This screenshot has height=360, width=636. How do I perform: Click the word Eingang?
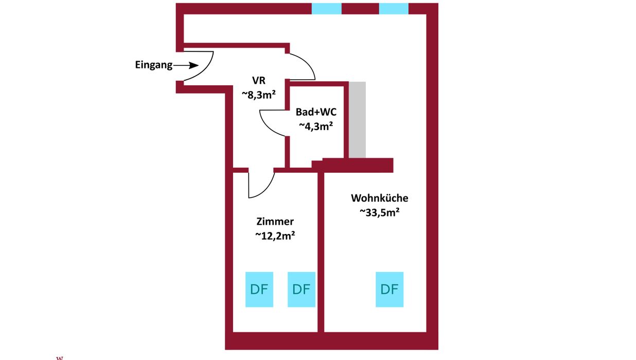(153, 65)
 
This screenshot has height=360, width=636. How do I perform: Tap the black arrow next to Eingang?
(187, 65)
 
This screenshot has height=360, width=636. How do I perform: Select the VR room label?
(258, 80)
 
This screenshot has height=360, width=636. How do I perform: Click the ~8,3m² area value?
(259, 94)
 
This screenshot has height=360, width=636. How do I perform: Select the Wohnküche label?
(380, 198)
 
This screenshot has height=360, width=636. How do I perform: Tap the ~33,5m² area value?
(380, 212)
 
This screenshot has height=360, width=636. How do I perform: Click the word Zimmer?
(275, 222)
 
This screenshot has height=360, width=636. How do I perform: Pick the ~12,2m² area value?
(275, 236)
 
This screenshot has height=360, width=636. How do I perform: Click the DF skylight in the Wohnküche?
(390, 289)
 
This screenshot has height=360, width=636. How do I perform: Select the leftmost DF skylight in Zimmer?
(259, 289)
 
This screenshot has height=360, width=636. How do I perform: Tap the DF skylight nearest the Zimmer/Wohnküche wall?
(301, 289)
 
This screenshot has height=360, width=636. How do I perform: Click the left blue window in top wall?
(327, 9)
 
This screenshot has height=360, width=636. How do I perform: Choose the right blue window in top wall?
(394, 9)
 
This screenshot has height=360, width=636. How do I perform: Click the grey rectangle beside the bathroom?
(358, 119)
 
